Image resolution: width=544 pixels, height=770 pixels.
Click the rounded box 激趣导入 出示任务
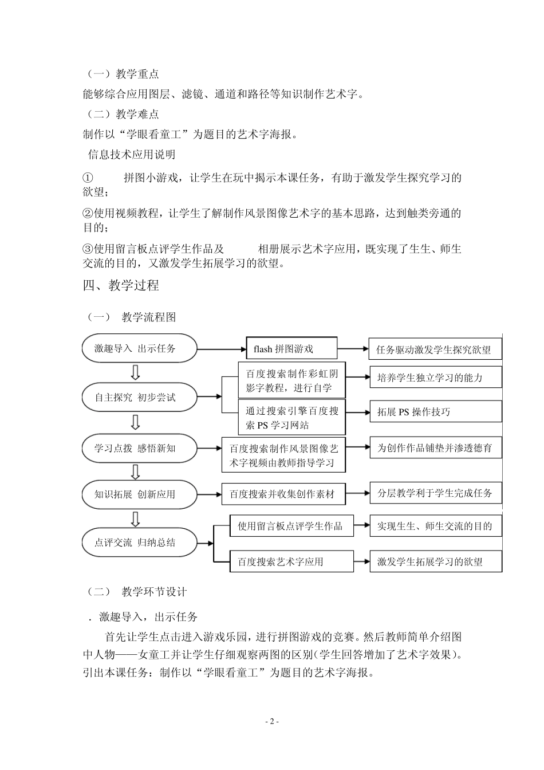pyautogui.click(x=140, y=348)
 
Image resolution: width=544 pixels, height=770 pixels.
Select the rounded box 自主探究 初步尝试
pyautogui.click(x=140, y=397)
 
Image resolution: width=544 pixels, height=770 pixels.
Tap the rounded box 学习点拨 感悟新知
pyautogui.click(x=140, y=448)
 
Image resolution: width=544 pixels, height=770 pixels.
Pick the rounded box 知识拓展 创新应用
pyautogui.click(x=140, y=494)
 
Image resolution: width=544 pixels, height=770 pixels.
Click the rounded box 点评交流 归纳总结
pyautogui.click(x=140, y=543)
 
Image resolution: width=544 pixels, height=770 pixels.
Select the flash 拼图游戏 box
pyautogui.click(x=291, y=348)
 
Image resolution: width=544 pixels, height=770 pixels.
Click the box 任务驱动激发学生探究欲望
pyautogui.click(x=435, y=349)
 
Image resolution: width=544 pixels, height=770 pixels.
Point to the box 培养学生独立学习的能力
pyautogui.click(x=435, y=378)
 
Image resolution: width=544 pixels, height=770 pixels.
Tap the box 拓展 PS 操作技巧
pyautogui.click(x=435, y=412)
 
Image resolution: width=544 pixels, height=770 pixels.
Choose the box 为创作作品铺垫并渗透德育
pyautogui.click(x=435, y=448)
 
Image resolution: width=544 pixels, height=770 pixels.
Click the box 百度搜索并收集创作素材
pyautogui.click(x=283, y=494)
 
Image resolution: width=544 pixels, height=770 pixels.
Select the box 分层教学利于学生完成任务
pyautogui.click(x=435, y=493)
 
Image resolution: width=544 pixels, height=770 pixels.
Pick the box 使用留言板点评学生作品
pyautogui.click(x=291, y=526)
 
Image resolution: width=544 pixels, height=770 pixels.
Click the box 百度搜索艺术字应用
pyautogui.click(x=291, y=561)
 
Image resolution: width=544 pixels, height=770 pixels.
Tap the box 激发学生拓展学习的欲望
pyautogui.click(x=435, y=561)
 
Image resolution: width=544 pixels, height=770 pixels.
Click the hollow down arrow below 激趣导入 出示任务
pyautogui.click(x=136, y=372)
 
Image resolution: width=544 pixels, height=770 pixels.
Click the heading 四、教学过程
pyautogui.click(x=121, y=285)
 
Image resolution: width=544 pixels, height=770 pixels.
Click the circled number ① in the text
pyautogui.click(x=88, y=178)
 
